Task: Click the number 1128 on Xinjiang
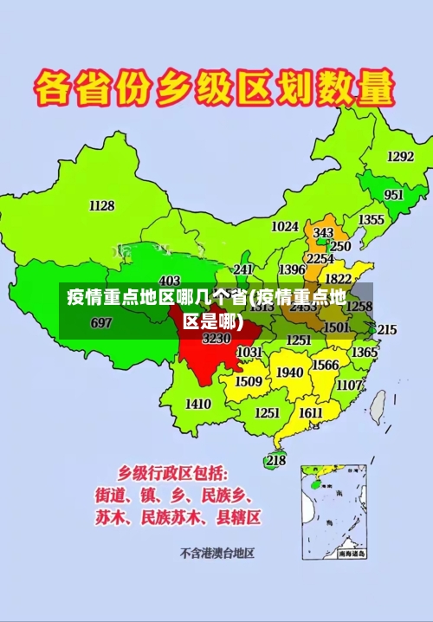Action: coord(101,205)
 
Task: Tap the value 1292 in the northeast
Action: coord(400,156)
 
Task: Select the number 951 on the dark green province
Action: coord(394,195)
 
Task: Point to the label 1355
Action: coord(372,220)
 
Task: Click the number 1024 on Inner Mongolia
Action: coord(285,226)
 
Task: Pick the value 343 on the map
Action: coord(323,233)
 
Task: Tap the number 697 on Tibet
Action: coord(101,323)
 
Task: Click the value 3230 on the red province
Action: coord(216,339)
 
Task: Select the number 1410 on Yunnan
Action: coord(198,404)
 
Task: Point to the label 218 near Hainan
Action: coord(275,460)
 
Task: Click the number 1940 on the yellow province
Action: coord(290,373)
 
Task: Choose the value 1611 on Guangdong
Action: coord(311,412)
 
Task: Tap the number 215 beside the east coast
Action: coord(387,330)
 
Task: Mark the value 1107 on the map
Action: coord(349,385)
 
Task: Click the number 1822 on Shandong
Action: coord(338,279)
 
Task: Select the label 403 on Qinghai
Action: coord(170,280)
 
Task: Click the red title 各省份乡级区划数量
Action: coord(215,88)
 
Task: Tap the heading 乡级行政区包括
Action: coord(174,474)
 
